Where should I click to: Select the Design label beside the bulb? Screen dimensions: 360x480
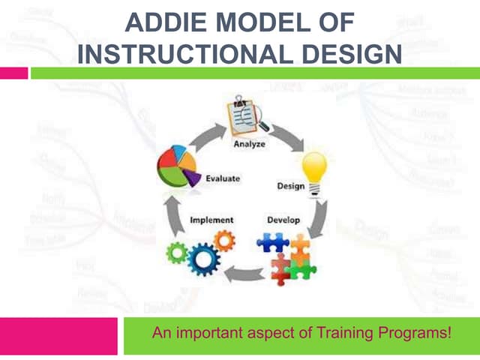tap(291, 185)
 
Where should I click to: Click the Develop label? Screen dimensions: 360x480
tap(283, 220)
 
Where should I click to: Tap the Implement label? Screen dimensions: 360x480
tap(211, 220)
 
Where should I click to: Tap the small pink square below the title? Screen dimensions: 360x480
tap(13, 73)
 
